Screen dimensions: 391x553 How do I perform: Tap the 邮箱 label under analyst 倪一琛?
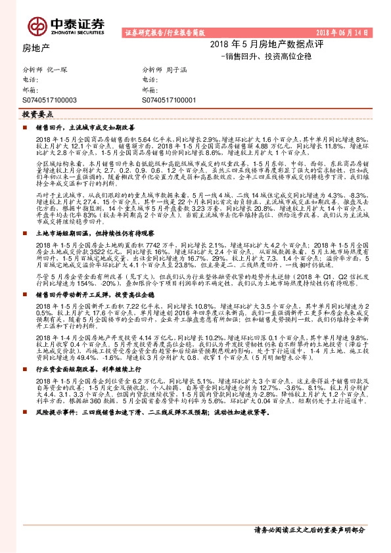pyautogui.click(x=30, y=89)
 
